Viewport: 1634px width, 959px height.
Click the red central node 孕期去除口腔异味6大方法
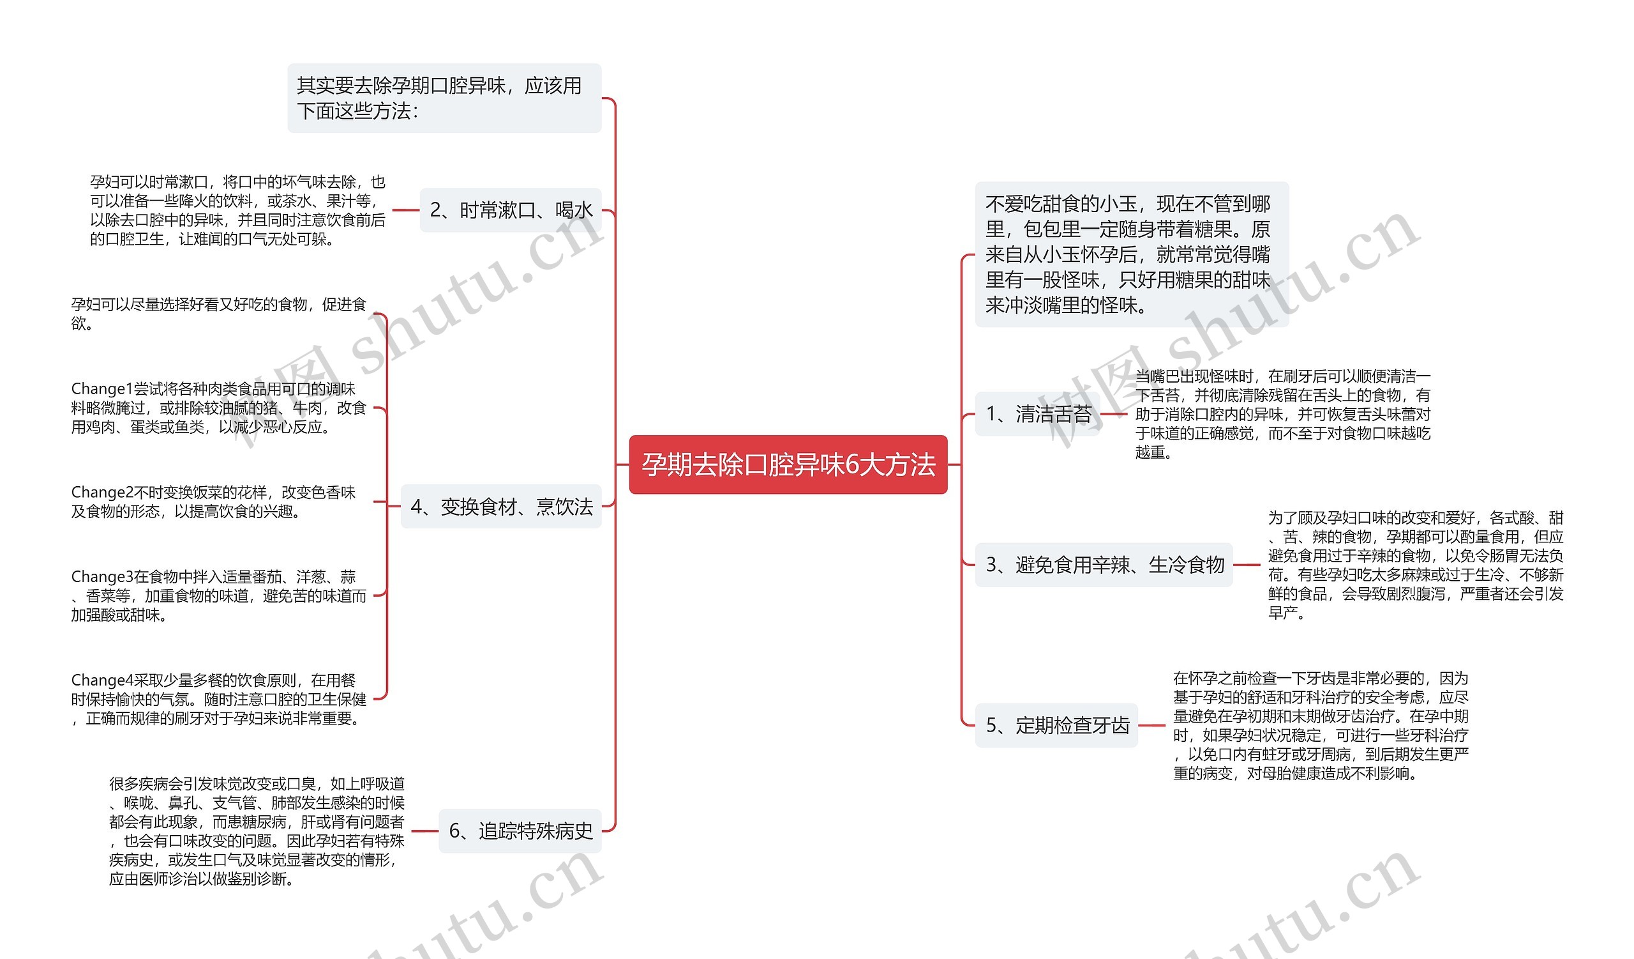pyautogui.click(x=788, y=464)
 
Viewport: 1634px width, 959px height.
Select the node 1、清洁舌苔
pyautogui.click(x=1038, y=414)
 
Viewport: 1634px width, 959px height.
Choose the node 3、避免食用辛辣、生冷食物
pyautogui.click(x=1104, y=565)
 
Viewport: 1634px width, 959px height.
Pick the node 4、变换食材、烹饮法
pyautogui.click(x=501, y=506)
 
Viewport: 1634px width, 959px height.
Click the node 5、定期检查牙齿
pyautogui.click(x=1056, y=725)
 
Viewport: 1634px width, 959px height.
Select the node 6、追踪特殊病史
pyautogui.click(x=520, y=831)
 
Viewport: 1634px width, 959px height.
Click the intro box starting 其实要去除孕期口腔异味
pyautogui.click(x=444, y=98)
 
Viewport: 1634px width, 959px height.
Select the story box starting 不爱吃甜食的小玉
pyautogui.click(x=1132, y=254)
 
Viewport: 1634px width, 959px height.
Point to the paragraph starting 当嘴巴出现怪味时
pyautogui.click(x=1282, y=414)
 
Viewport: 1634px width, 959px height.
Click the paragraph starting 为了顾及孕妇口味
pyautogui.click(x=1416, y=565)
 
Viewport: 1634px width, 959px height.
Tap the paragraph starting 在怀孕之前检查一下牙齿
pyautogui.click(x=1320, y=725)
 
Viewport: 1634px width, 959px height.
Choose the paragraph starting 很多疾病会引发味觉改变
pyautogui.click(x=256, y=831)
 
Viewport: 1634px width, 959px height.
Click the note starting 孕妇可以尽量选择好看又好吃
pyautogui.click(x=218, y=314)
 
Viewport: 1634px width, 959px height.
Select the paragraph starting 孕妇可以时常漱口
pyautogui.click(x=237, y=210)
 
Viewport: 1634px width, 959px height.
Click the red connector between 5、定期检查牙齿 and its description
pyautogui.click(x=1151, y=725)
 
